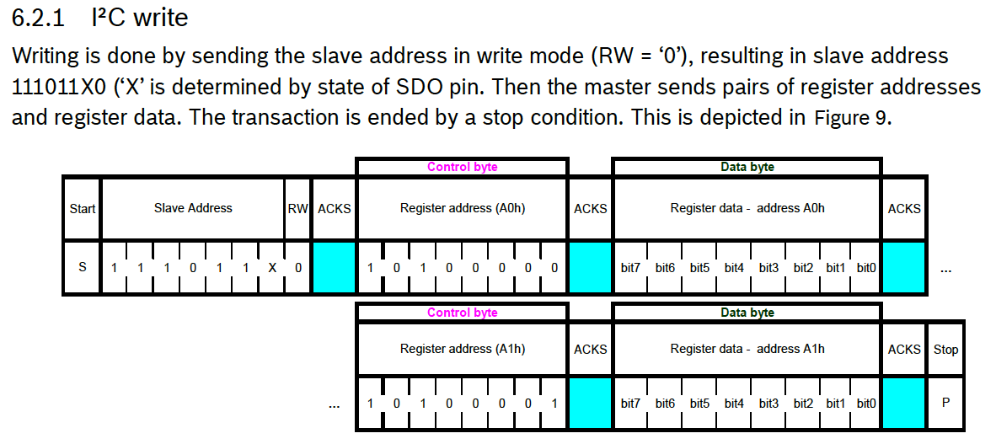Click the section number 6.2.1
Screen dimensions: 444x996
38,17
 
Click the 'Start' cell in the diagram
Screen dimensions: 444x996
82,208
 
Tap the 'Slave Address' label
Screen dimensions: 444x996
193,207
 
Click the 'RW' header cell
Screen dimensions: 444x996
297,208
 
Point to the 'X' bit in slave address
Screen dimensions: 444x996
272,268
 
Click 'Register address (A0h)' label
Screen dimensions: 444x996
462,207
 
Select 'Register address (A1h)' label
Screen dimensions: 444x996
462,348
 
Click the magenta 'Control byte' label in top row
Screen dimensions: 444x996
462,167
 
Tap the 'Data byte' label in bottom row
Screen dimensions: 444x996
747,313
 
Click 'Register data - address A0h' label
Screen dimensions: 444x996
747,207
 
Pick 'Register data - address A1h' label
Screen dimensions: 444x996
747,348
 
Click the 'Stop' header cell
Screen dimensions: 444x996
945,349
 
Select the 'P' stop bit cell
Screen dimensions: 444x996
945,404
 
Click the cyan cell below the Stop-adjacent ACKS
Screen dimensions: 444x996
903,404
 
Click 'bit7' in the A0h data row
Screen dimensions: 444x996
630,268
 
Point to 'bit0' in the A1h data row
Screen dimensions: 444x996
865,404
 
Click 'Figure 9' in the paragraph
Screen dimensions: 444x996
851,118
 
